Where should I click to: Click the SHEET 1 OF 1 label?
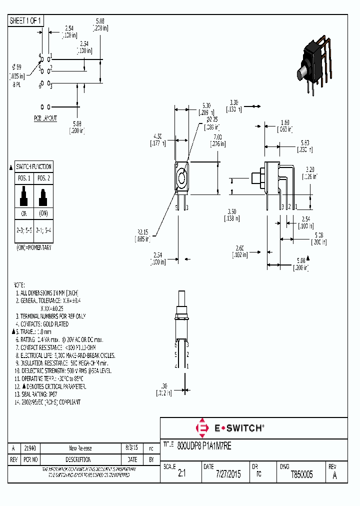(x=26, y=20)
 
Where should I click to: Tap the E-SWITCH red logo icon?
(x=203, y=428)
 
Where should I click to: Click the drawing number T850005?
(x=301, y=474)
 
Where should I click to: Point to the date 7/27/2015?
(x=228, y=474)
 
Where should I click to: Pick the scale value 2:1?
(x=181, y=474)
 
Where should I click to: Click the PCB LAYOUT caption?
(x=45, y=118)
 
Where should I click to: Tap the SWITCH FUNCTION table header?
(x=33, y=166)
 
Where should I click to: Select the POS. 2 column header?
(x=43, y=178)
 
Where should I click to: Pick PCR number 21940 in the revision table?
(x=30, y=448)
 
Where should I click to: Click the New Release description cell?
(x=80, y=448)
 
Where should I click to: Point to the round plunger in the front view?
(x=180, y=177)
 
